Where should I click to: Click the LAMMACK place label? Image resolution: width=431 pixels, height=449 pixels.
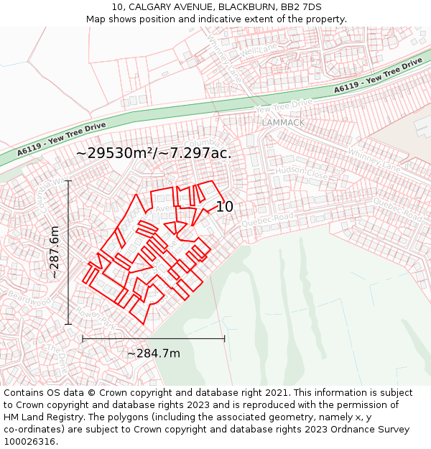click(283, 123)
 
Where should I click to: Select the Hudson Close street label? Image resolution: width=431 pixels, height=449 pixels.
click(301, 172)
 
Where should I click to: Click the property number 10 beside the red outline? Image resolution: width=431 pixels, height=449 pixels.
click(225, 207)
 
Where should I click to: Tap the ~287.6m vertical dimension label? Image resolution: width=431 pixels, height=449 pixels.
click(55, 252)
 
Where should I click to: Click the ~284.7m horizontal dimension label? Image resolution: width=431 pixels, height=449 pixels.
click(153, 353)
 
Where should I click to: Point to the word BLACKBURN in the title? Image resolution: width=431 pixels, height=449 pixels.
click(246, 7)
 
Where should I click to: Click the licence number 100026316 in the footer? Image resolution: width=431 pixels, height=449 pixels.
click(29, 441)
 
